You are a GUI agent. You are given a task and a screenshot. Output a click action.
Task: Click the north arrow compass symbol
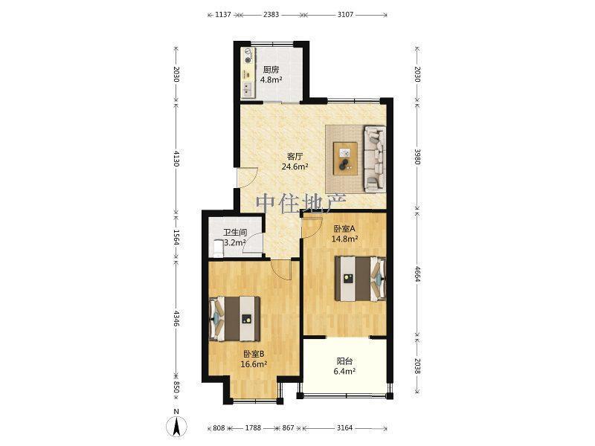click(176, 426)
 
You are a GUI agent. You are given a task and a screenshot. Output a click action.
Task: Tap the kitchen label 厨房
click(271, 70)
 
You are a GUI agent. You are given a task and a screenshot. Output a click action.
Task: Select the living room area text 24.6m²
click(295, 167)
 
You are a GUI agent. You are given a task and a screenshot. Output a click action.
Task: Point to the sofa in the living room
click(375, 158)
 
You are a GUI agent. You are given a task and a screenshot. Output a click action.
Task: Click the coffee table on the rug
click(345, 158)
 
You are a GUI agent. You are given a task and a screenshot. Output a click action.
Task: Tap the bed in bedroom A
click(360, 279)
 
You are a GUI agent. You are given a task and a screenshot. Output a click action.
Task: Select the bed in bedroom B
click(235, 319)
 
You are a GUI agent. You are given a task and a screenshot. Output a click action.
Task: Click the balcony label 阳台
click(344, 361)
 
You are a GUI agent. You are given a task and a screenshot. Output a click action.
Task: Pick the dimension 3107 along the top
click(345, 14)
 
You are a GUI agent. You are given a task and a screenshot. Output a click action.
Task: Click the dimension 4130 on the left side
click(176, 158)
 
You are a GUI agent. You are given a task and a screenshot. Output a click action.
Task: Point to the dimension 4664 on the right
click(417, 274)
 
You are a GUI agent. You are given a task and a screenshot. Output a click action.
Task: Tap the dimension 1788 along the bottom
click(253, 428)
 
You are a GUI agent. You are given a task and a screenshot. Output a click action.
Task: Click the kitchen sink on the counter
click(248, 88)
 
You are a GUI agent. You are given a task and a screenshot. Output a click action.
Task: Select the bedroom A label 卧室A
click(344, 229)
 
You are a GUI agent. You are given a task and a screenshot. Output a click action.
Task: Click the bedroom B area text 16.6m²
click(254, 364)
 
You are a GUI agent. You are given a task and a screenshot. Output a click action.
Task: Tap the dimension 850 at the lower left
click(176, 387)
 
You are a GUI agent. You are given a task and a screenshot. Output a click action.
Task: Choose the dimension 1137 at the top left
click(223, 14)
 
